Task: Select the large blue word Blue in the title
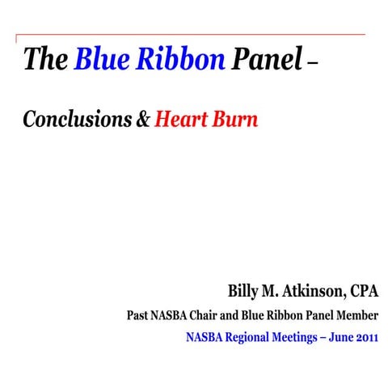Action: tap(103, 59)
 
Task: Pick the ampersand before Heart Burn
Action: tap(142, 121)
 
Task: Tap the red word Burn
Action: tap(237, 120)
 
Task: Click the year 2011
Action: tap(365, 336)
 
